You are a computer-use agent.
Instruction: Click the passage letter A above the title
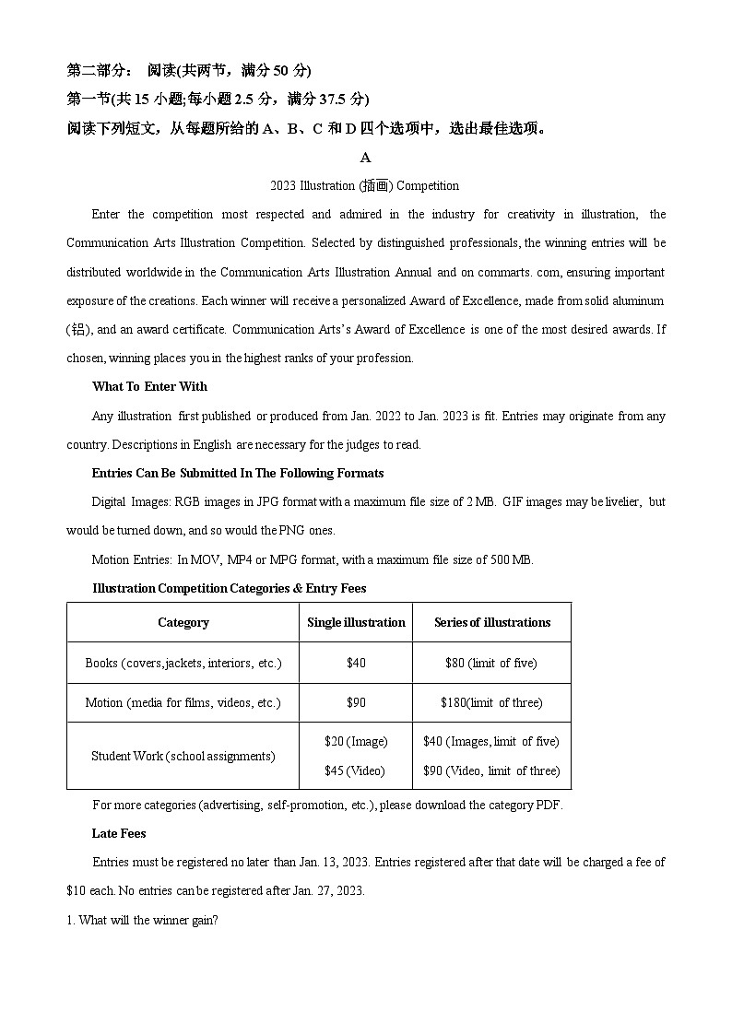tap(365, 158)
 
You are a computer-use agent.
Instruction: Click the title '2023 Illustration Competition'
tap(364, 185)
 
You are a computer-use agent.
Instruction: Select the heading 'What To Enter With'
tap(149, 386)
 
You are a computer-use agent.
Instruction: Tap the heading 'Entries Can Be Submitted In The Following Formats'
tap(238, 473)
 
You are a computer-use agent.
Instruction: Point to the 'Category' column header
tap(183, 622)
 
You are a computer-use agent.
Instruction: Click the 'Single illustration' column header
tap(356, 622)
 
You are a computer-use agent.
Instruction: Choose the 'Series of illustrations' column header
tap(491, 622)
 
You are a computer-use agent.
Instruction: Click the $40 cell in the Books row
tap(356, 663)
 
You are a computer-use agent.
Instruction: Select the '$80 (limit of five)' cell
tap(491, 663)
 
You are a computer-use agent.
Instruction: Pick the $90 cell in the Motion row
tap(356, 702)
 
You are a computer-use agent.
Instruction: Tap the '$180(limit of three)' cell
tap(491, 702)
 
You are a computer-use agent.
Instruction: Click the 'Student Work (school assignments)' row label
tap(183, 756)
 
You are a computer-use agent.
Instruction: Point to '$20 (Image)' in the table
tap(356, 741)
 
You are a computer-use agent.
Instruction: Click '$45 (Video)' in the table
tap(356, 770)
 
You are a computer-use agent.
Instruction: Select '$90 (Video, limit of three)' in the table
tap(491, 770)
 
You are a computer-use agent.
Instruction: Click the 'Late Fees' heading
tap(119, 833)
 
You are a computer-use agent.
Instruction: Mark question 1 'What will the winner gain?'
tap(143, 920)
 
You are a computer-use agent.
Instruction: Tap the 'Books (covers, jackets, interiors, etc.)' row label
tap(183, 663)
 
